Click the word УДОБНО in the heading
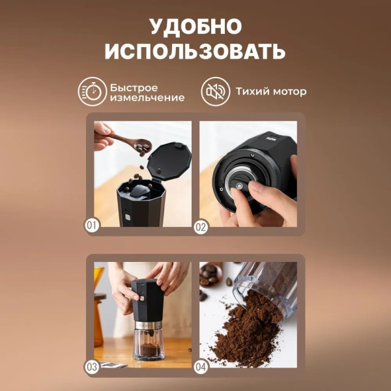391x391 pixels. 195,26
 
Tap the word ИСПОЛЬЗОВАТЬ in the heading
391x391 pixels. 195,51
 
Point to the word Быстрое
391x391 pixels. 133,86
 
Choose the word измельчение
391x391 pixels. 147,98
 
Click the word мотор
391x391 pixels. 288,92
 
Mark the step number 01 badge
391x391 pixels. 93,226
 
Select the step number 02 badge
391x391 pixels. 201,226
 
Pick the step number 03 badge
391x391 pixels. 93,367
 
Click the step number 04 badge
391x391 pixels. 201,367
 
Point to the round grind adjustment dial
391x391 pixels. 240,186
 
